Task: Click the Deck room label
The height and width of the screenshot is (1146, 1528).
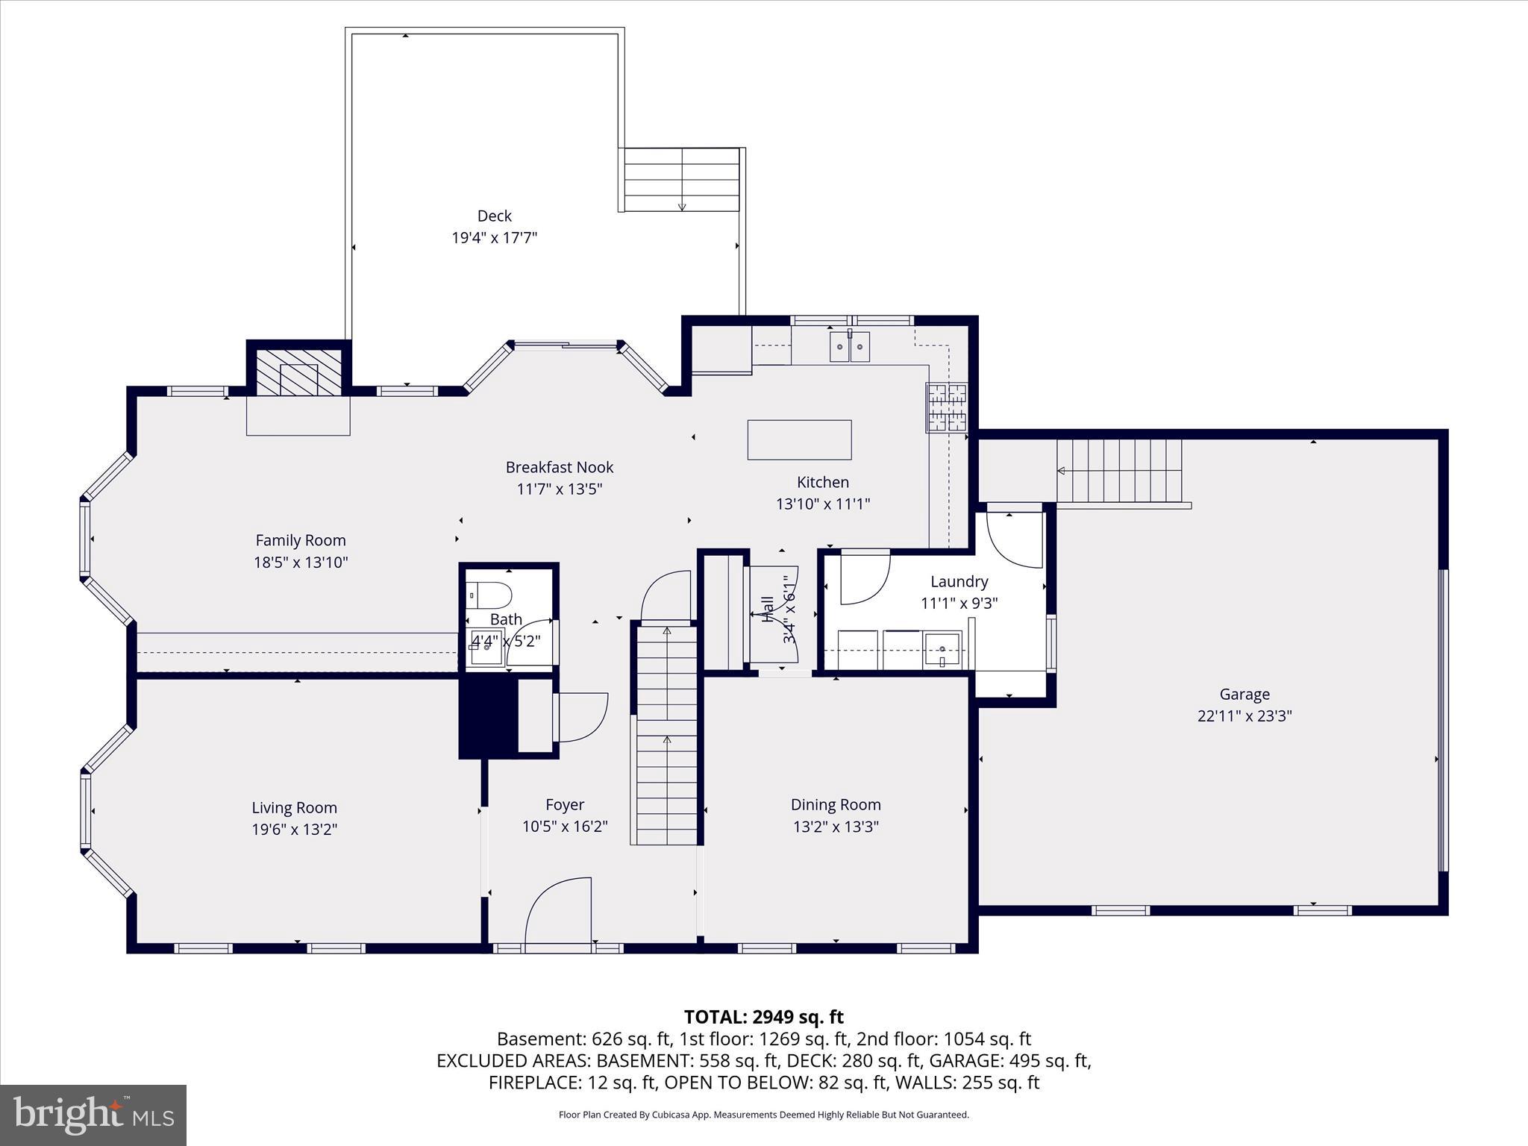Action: point(494,216)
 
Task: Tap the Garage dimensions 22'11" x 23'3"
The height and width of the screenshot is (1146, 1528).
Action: point(1244,716)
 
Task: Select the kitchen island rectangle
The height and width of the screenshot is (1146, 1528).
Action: point(799,439)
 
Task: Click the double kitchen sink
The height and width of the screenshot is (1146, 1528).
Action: point(850,347)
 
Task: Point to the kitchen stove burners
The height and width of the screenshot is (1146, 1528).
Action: point(947,407)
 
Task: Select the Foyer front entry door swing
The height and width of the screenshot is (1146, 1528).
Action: point(558,912)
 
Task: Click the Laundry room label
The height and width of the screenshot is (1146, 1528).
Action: point(959,581)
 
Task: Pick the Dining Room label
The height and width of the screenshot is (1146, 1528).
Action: point(836,804)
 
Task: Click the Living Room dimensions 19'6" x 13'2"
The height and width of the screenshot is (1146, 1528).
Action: point(295,829)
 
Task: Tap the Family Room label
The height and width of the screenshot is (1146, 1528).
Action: point(301,540)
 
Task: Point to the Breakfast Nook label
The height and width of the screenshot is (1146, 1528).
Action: point(560,467)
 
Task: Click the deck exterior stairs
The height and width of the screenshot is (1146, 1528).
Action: point(682,180)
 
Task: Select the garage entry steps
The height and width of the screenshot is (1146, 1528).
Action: point(1119,470)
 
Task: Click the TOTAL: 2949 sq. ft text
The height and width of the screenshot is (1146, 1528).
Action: point(764,1017)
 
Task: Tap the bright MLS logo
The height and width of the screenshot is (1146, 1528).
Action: point(93,1115)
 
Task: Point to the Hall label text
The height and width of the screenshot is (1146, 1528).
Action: point(767,609)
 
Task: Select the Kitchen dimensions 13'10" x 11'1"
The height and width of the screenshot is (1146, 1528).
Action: point(823,504)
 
